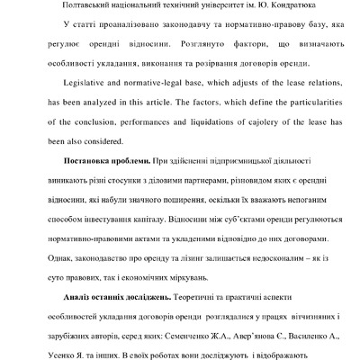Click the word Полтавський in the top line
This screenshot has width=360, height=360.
coord(69,13)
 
